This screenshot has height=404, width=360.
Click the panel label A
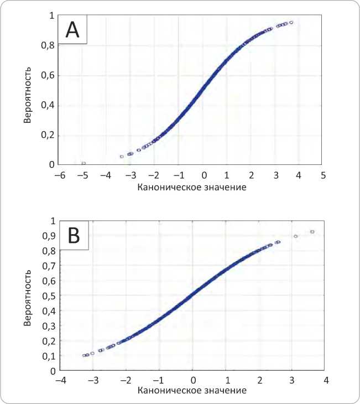[73, 30]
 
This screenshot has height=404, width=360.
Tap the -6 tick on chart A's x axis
[59, 175]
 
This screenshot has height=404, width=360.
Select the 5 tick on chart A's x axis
[323, 175]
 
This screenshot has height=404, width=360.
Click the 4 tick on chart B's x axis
[326, 381]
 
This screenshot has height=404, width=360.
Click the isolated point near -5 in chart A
[84, 163]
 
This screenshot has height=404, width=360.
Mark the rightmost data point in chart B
[312, 232]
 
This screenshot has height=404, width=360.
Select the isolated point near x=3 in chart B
[296, 236]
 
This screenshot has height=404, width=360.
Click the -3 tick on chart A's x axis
[131, 175]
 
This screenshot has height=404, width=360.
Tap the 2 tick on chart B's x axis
[259, 381]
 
